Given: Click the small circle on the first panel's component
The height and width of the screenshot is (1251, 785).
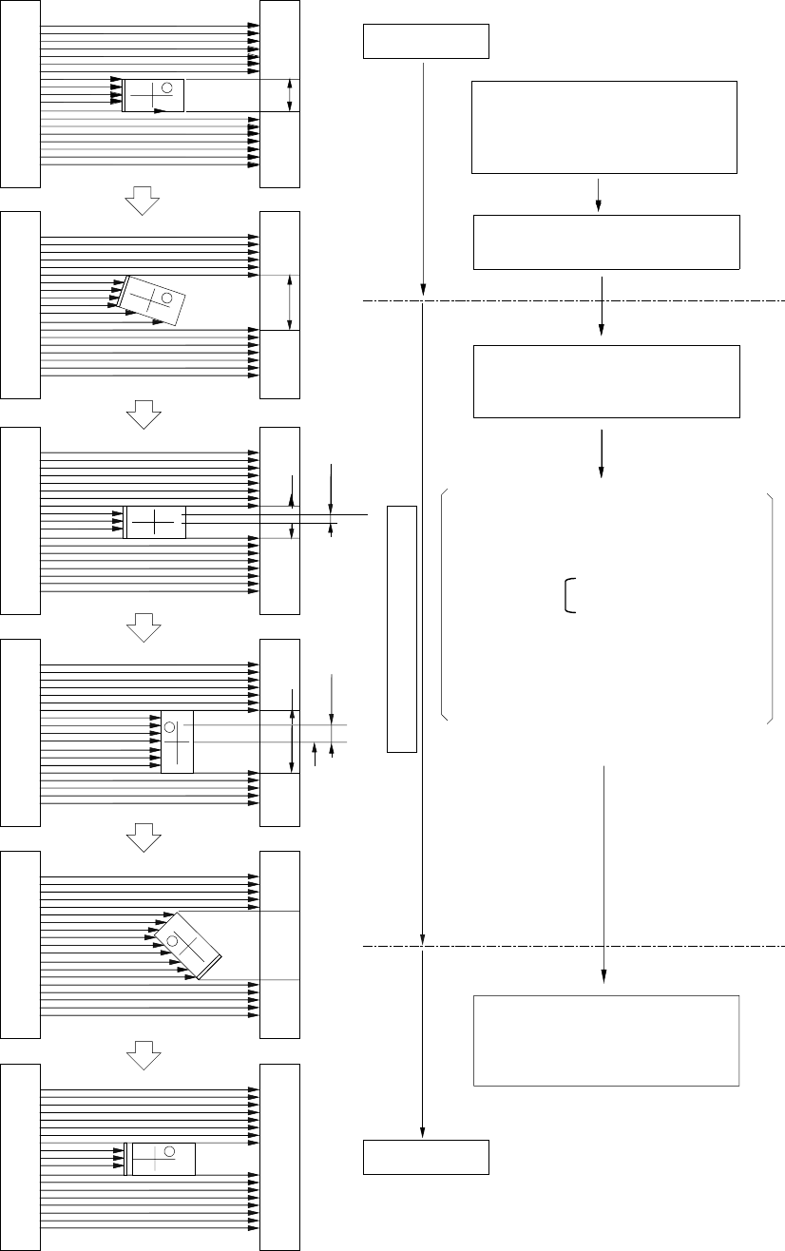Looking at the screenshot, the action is pyautogui.click(x=167, y=88).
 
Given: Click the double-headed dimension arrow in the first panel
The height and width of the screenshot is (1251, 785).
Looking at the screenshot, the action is pyautogui.click(x=291, y=96).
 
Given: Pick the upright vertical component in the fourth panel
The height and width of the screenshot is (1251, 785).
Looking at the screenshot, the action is pyautogui.click(x=177, y=741).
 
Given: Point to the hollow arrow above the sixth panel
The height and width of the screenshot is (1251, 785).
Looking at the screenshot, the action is pyautogui.click(x=141, y=1051).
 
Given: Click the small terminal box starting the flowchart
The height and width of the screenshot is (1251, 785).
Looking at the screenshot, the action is pyautogui.click(x=426, y=42).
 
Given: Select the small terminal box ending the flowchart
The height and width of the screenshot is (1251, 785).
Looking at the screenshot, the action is pyautogui.click(x=426, y=1157).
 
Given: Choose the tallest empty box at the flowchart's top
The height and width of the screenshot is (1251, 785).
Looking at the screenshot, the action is pyautogui.click(x=604, y=127).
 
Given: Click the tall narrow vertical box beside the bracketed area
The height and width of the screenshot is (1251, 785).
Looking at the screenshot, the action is pyautogui.click(x=402, y=628).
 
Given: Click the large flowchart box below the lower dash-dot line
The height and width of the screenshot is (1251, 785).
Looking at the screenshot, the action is pyautogui.click(x=606, y=1040).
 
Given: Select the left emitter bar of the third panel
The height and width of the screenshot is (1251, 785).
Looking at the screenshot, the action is pyautogui.click(x=20, y=520).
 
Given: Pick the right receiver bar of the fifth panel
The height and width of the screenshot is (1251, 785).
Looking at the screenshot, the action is pyautogui.click(x=280, y=943).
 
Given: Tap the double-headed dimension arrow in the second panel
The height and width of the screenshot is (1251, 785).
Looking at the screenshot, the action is pyautogui.click(x=289, y=303).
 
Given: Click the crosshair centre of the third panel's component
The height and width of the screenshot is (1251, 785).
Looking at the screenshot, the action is pyautogui.click(x=155, y=522).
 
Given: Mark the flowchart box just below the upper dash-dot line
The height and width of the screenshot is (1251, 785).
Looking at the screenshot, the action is pyautogui.click(x=606, y=381).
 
